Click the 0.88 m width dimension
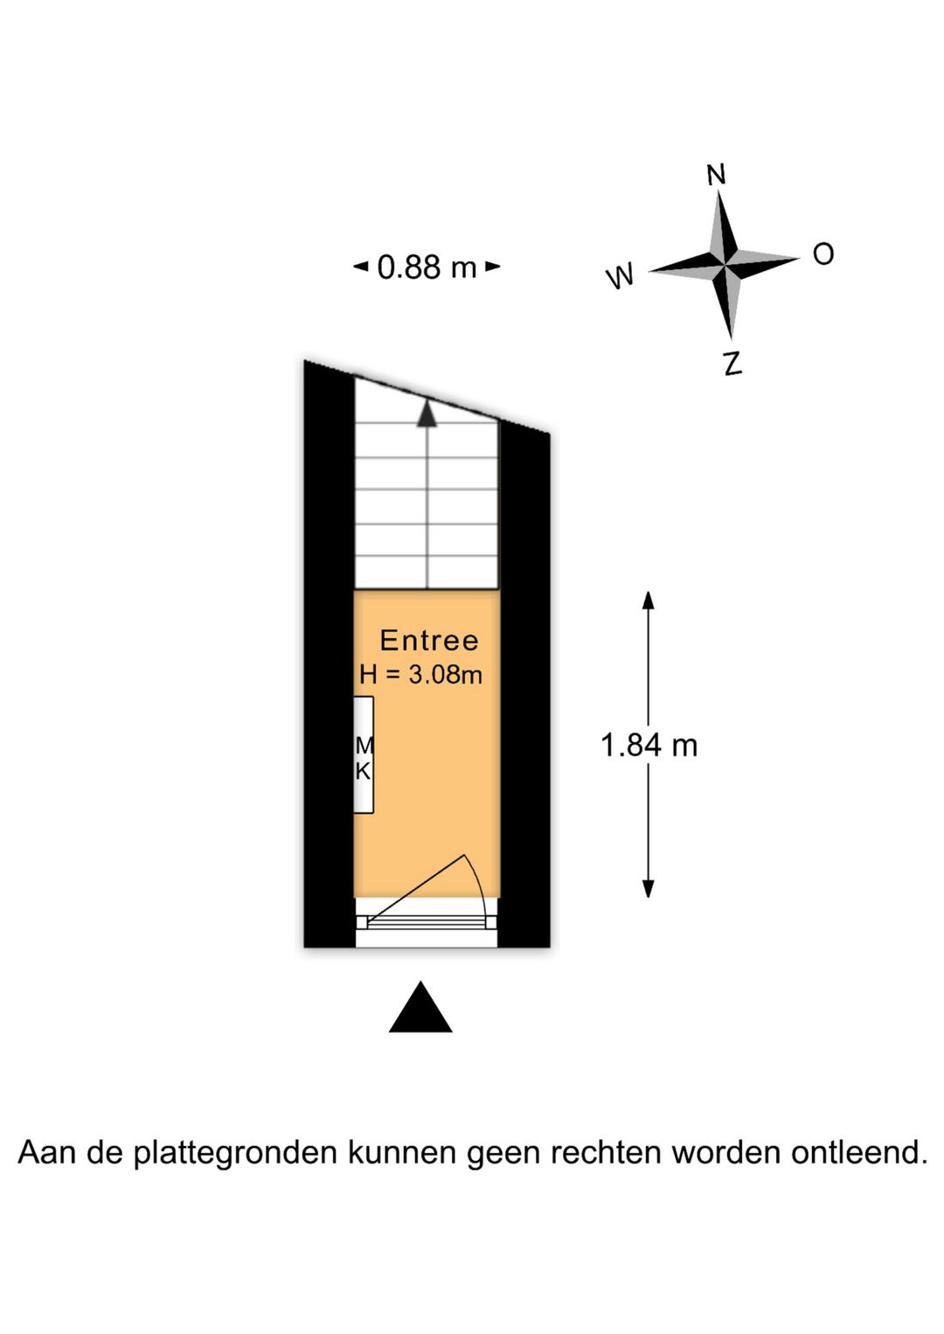point(427,267)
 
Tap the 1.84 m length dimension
point(649,745)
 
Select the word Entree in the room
point(429,641)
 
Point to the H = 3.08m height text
point(420,675)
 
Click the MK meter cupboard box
point(364,754)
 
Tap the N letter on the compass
point(716,175)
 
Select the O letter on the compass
point(823,254)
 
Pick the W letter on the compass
point(620,277)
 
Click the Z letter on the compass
point(732,363)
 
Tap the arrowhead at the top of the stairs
point(427,413)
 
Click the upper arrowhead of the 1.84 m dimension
point(648,601)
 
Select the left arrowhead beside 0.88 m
point(361,267)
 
